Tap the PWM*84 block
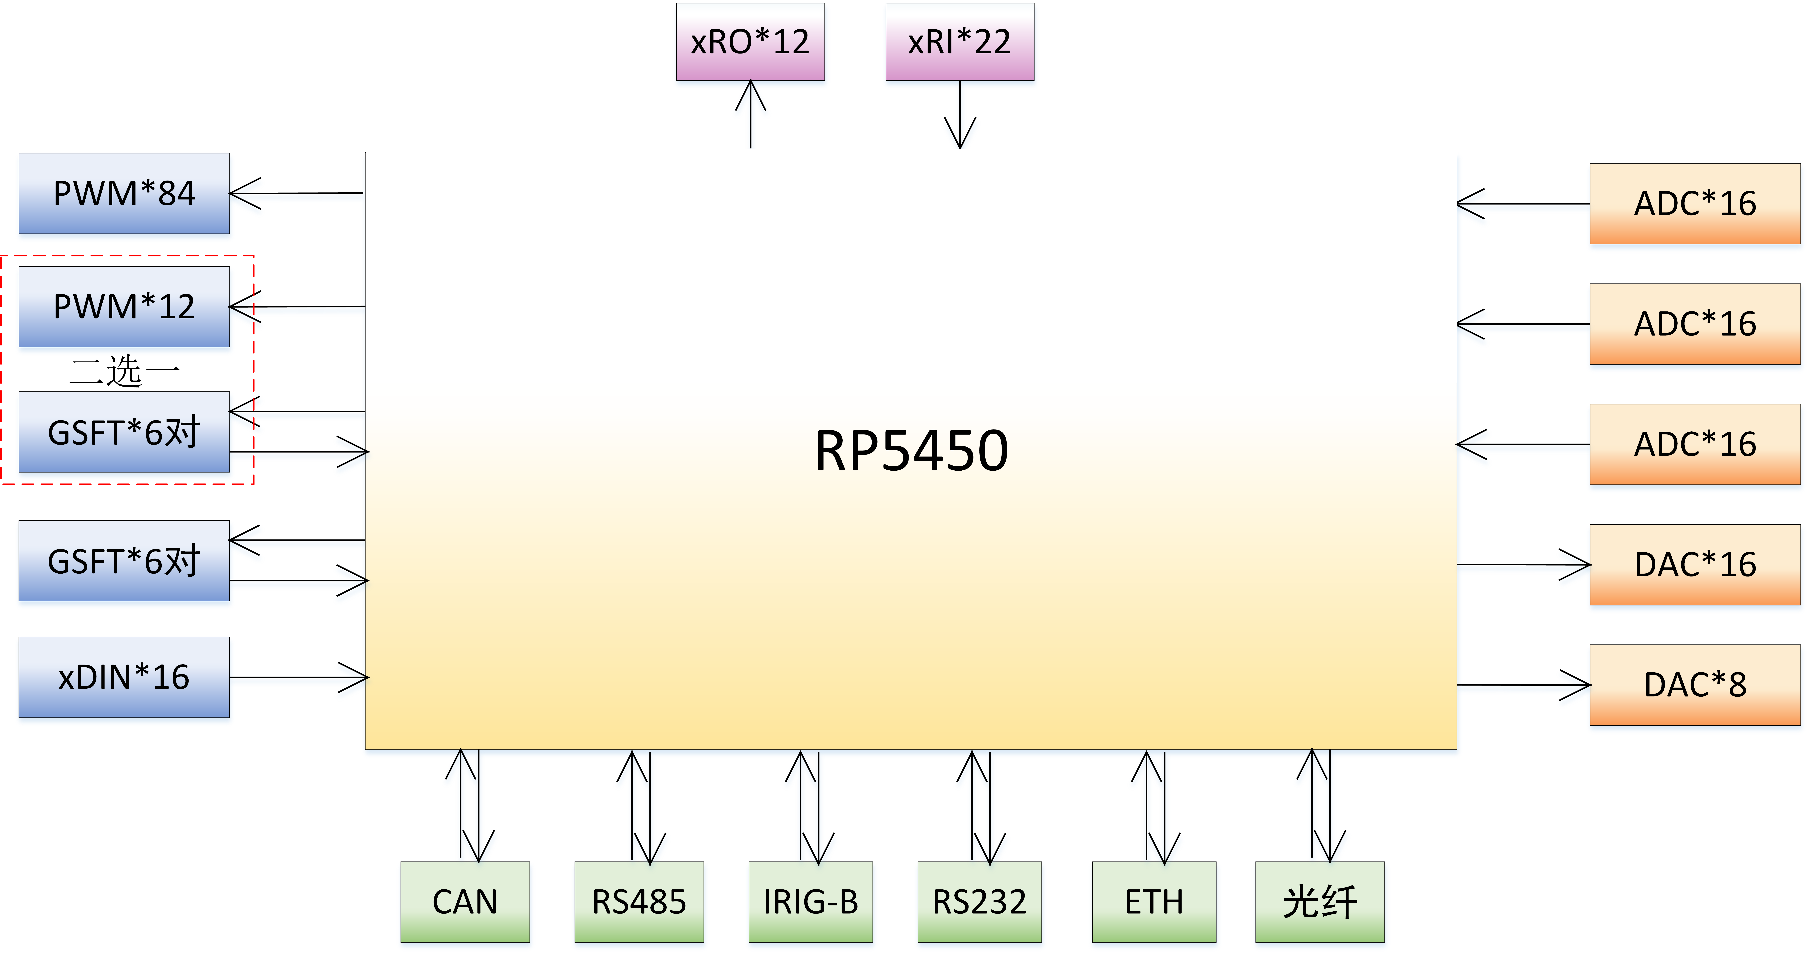(x=124, y=193)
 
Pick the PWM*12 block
(x=124, y=306)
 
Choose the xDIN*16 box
(x=124, y=677)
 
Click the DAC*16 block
(x=1695, y=564)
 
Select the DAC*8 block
(x=1695, y=684)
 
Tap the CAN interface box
(x=465, y=901)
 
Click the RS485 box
(x=639, y=901)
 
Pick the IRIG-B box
(x=810, y=901)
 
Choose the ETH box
(x=1154, y=901)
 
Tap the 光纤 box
(x=1319, y=901)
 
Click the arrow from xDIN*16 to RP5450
(x=298, y=677)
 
